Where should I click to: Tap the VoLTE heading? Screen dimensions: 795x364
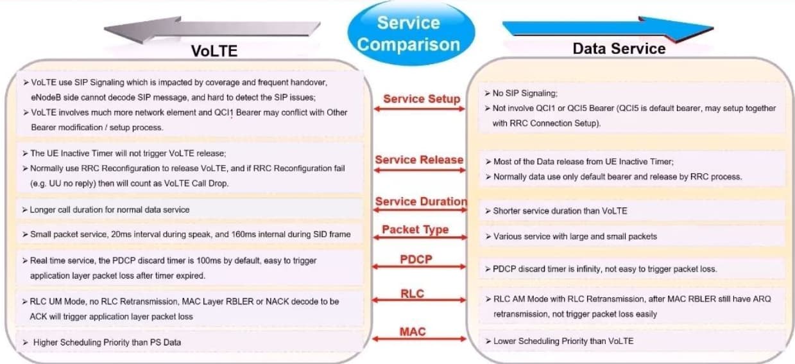click(x=214, y=51)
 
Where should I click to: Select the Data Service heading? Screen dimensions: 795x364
click(x=619, y=49)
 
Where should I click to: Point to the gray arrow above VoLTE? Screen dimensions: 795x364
click(x=212, y=29)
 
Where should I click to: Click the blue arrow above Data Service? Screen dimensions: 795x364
click(x=608, y=29)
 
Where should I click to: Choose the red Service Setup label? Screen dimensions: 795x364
click(x=422, y=99)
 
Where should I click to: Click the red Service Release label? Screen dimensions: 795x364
click(x=419, y=160)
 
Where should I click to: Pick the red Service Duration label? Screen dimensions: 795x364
click(x=422, y=202)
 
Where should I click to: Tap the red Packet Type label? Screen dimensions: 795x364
click(x=415, y=230)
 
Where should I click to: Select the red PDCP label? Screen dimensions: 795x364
click(x=416, y=259)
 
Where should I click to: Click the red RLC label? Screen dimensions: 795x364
click(x=413, y=293)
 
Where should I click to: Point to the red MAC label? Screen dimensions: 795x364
click(x=413, y=332)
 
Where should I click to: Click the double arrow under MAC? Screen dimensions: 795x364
click(x=419, y=339)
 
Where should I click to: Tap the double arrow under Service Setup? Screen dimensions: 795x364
click(x=420, y=109)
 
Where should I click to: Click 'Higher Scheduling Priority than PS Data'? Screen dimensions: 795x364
click(x=107, y=342)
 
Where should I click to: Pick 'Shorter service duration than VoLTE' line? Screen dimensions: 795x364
click(x=560, y=211)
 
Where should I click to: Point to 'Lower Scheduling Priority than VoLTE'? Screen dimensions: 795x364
click(x=563, y=342)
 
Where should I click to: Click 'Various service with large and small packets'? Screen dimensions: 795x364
click(x=575, y=236)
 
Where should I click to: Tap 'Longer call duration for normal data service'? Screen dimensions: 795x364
click(x=110, y=210)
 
